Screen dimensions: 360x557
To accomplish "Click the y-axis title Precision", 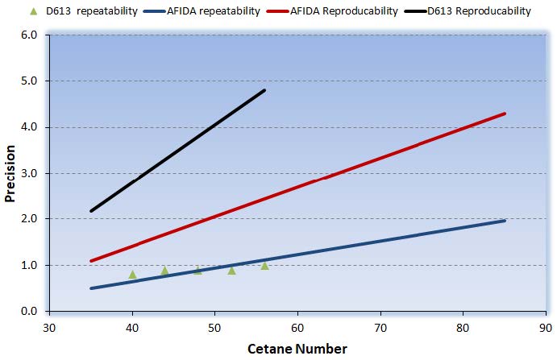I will pos(11,173).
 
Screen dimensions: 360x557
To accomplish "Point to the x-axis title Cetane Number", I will pos(298,349).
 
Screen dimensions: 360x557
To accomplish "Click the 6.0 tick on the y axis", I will pos(30,35).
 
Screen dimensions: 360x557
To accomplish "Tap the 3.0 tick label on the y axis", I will pos(30,173).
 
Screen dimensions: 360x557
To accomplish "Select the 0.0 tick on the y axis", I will pos(30,311).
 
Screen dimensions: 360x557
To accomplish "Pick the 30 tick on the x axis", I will pos(49,327).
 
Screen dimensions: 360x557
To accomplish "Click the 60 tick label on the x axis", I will pos(297,327).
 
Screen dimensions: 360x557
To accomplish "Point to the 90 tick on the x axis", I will pos(546,327).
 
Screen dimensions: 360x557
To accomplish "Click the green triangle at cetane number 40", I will pos(132,275).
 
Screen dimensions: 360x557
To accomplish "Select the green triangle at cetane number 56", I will pos(264,265).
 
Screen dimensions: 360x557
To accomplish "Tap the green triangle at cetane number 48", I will pos(198,270).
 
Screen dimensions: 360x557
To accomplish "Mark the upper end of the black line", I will pos(264,90).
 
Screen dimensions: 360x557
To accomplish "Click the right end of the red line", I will pos(505,114).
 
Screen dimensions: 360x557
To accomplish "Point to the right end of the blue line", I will pos(505,221).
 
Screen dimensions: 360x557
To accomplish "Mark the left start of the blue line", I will pos(91,288).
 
